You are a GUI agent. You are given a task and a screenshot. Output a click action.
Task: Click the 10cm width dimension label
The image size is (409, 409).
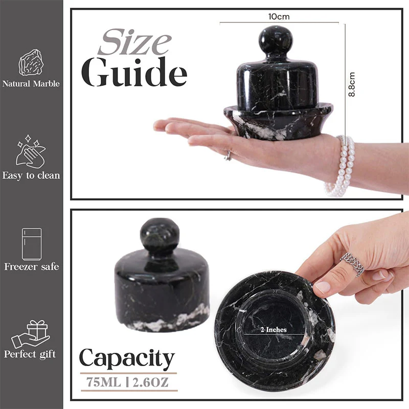(279, 17)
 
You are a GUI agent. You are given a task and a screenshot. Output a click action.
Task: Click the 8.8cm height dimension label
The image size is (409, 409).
(352, 84)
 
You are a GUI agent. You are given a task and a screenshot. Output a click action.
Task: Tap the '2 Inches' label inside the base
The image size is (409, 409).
(274, 330)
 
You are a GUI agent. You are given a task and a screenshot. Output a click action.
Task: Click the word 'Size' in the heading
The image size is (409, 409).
(134, 42)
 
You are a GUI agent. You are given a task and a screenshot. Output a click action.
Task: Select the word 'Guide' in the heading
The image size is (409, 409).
(134, 72)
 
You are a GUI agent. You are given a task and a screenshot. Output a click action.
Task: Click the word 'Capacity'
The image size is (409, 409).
(127, 358)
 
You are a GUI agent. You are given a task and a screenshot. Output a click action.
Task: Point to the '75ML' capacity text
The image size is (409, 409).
(104, 382)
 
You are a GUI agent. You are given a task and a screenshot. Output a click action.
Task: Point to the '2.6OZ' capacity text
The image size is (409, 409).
(150, 382)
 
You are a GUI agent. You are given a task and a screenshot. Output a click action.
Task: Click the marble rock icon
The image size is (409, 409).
(31, 62)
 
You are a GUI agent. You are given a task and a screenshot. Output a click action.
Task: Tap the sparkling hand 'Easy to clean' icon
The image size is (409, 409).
(31, 151)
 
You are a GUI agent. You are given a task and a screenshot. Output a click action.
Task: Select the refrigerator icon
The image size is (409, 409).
(32, 244)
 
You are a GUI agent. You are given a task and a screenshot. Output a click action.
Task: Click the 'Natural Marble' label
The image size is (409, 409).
(31, 84)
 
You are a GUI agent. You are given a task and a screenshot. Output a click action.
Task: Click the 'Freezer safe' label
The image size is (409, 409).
(32, 266)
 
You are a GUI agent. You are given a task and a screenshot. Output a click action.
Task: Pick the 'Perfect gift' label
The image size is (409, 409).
(30, 354)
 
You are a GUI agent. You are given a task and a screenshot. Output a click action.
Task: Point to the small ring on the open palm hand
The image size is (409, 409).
(228, 156)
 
